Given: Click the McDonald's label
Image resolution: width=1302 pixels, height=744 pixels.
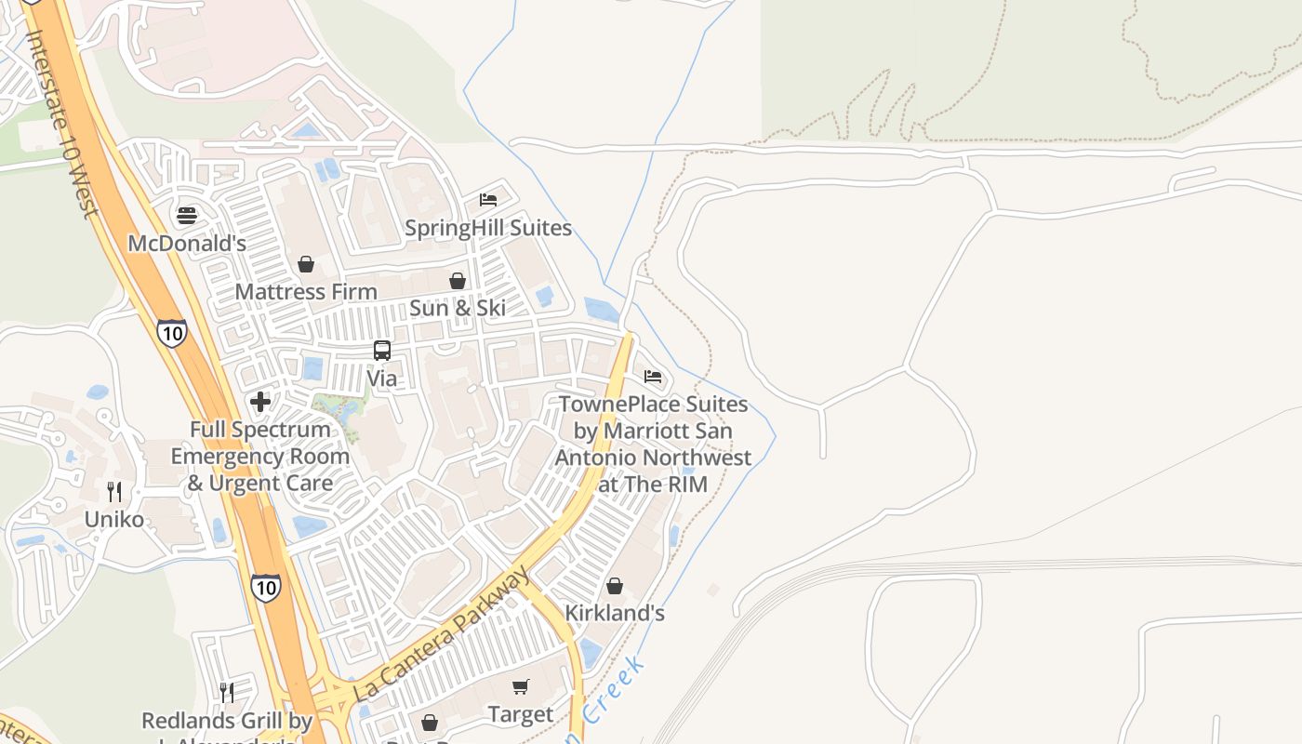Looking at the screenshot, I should point(186,244).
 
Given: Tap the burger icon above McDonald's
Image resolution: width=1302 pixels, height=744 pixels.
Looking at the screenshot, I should point(187,216).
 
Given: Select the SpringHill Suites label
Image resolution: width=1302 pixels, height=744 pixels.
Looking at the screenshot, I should point(488,228).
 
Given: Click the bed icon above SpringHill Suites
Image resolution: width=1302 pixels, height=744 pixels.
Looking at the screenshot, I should point(488,199).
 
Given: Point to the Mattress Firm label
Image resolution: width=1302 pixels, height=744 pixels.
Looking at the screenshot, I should point(306,292).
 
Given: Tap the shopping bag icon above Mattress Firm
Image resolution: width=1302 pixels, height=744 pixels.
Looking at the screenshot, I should point(306,265).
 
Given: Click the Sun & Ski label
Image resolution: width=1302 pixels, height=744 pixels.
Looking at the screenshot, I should point(458,308).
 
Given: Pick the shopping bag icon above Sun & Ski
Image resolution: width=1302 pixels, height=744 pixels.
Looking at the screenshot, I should point(458,281).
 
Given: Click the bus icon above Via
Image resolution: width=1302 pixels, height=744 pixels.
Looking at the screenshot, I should point(382,351).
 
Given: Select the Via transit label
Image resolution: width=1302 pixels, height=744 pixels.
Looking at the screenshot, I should point(382,379).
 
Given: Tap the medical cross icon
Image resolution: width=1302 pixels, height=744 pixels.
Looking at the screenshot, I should point(260,402).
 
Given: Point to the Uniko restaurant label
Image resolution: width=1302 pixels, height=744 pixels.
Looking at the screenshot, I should point(114,519).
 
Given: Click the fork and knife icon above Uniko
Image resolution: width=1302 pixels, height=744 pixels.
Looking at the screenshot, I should point(114,492).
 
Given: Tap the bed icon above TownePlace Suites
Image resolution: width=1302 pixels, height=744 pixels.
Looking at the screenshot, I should point(653,377).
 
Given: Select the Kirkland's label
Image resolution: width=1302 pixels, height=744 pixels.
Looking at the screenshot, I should point(615,614).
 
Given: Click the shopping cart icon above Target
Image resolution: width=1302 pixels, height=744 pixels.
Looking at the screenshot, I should point(521,687).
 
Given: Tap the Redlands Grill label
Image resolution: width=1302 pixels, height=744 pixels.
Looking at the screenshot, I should point(227,721).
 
